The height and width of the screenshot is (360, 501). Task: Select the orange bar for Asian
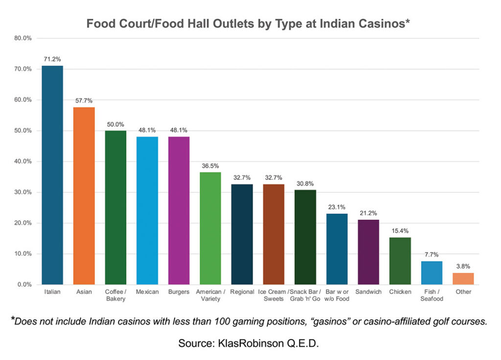click(x=84, y=196)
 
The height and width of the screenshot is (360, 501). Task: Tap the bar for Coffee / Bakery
click(x=115, y=207)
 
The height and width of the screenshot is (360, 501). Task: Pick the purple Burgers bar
click(x=179, y=210)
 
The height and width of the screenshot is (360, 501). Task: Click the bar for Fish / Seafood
click(x=432, y=272)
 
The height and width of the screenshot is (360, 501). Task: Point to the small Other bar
click(x=463, y=279)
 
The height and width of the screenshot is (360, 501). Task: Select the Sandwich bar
click(x=368, y=252)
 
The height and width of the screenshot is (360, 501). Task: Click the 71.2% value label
click(x=52, y=59)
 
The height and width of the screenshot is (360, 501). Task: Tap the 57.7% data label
click(x=84, y=100)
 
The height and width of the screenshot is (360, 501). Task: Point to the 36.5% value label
click(x=210, y=165)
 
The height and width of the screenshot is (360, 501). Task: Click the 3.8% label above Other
click(x=463, y=266)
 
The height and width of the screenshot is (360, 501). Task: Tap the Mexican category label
click(x=147, y=292)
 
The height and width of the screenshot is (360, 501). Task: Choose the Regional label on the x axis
click(x=242, y=292)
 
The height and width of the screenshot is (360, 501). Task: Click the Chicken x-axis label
click(x=400, y=292)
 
